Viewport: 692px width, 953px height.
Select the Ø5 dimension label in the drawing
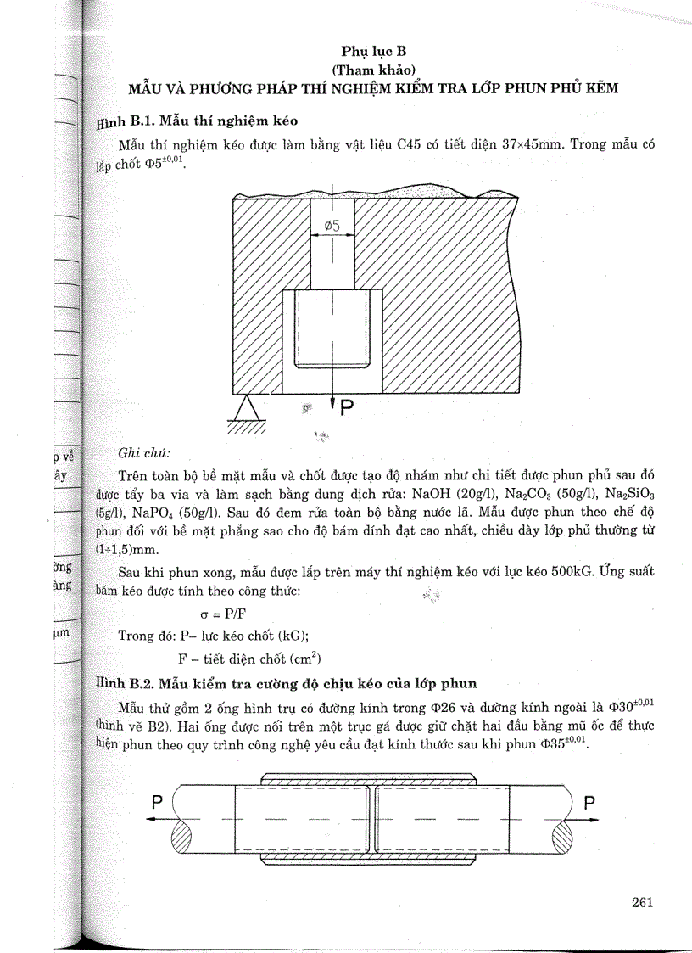[x=332, y=226]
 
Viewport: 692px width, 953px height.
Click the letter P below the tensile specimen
[x=348, y=408]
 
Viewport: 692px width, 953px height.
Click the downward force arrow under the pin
[x=332, y=402]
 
